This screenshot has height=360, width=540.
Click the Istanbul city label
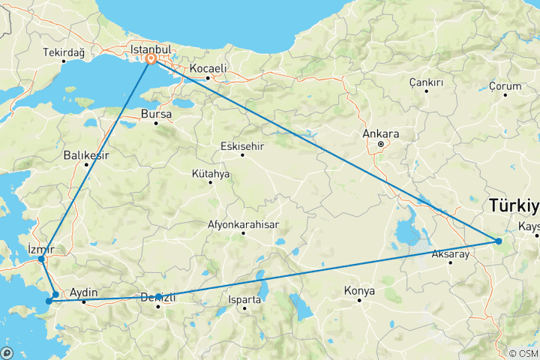151,48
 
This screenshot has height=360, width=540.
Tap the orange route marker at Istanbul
151,58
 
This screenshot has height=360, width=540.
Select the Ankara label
380,134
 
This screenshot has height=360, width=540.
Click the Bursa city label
156,115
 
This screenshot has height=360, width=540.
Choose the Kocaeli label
208,68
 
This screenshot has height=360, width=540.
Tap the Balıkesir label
86,155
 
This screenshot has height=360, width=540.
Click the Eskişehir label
241,146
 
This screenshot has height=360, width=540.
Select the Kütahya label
211,174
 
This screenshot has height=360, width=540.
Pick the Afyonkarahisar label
243,224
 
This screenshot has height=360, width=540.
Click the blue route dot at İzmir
41,259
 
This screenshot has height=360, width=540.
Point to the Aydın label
83,293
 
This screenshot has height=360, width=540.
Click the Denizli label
158,298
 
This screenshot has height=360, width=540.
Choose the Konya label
359,291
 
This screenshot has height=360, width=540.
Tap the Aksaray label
451,254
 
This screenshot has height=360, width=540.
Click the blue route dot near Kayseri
498,241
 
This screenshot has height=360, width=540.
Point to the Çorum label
505,87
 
